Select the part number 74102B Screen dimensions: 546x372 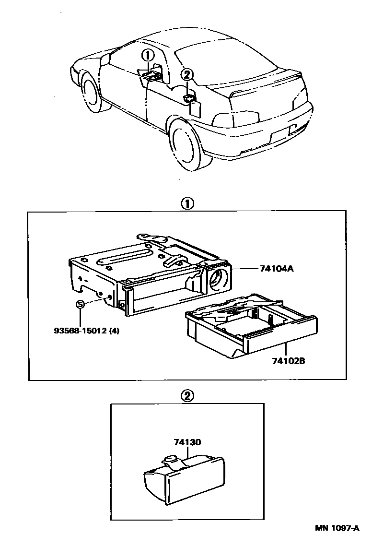[286, 359]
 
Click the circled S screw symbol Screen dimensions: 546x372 [81, 304]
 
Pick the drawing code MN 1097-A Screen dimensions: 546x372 [337, 528]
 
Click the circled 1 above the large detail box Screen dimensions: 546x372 [187, 203]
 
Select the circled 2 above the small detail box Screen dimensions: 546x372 [187, 396]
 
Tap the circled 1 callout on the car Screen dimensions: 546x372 [149, 54]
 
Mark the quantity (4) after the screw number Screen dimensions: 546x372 [113, 330]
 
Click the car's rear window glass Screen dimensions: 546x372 [225, 62]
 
